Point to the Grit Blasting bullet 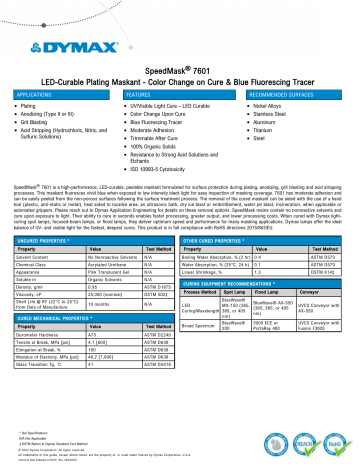39,118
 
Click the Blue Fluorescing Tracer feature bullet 167,118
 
